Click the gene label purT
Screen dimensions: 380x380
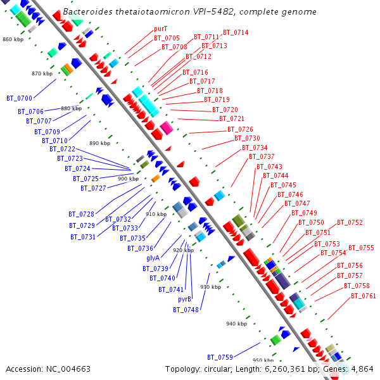pos(161,29)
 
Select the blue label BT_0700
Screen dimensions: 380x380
pos(19,98)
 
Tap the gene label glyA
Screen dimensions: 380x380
pos(153,258)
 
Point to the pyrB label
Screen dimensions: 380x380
pos(184,300)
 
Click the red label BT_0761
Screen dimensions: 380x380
pos(364,296)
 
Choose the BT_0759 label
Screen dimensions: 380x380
pos(220,357)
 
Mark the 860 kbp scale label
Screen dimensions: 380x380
pos(13,39)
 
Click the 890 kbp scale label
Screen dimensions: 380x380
pos(100,143)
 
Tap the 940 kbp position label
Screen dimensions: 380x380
pos(236,324)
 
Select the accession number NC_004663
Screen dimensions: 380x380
pos(68,369)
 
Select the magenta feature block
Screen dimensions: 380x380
pos(167,128)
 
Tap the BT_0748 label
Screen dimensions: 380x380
pos(186,310)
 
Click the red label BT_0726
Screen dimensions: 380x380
pos(240,129)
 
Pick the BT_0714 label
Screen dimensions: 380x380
pos(236,32)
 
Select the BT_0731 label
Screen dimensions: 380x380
pos(83,237)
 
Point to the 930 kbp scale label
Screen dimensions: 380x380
pos(211,287)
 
